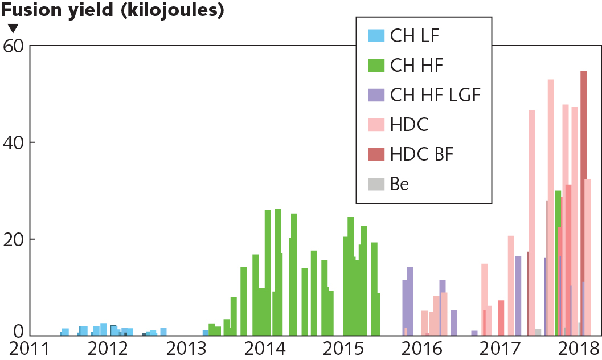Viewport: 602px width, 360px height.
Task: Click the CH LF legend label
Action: pyautogui.click(x=415, y=36)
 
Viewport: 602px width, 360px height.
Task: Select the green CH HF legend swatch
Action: pyautogui.click(x=375, y=66)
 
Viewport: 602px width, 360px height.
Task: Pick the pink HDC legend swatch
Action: pyautogui.click(x=375, y=125)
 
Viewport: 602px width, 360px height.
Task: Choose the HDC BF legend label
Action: pyautogui.click(x=423, y=154)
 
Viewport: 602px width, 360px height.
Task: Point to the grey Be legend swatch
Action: pyautogui.click(x=375, y=184)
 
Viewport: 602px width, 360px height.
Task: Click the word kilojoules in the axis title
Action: pyautogui.click(x=169, y=10)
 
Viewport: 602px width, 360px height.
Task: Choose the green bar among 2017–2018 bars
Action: pyautogui.click(x=558, y=262)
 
